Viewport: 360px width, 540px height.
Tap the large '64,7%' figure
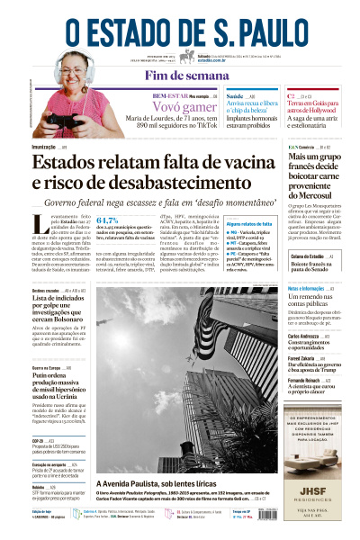[x=109, y=220]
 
